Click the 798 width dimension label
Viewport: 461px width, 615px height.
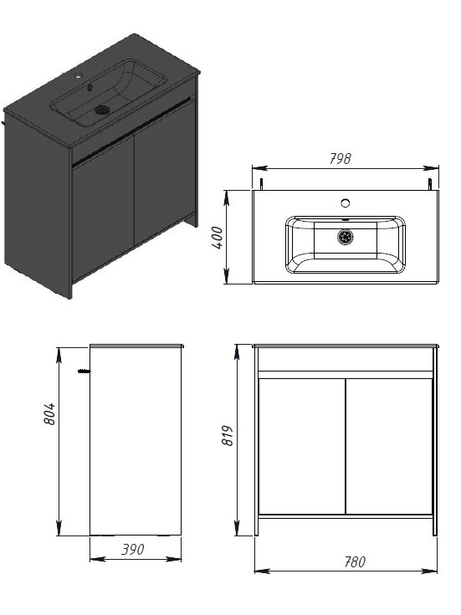pyautogui.click(x=340, y=158)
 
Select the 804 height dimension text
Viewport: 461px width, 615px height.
pyautogui.click(x=49, y=414)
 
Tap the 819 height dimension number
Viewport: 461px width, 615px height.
pyautogui.click(x=228, y=435)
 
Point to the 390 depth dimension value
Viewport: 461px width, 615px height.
pyautogui.click(x=133, y=549)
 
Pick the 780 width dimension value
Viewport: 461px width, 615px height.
pyautogui.click(x=355, y=561)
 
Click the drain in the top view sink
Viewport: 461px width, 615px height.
pyautogui.click(x=346, y=237)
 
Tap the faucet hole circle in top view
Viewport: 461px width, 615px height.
pyautogui.click(x=346, y=203)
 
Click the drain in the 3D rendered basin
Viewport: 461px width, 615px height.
pyautogui.click(x=101, y=110)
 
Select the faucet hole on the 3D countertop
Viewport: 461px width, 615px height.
pyautogui.click(x=79, y=75)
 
